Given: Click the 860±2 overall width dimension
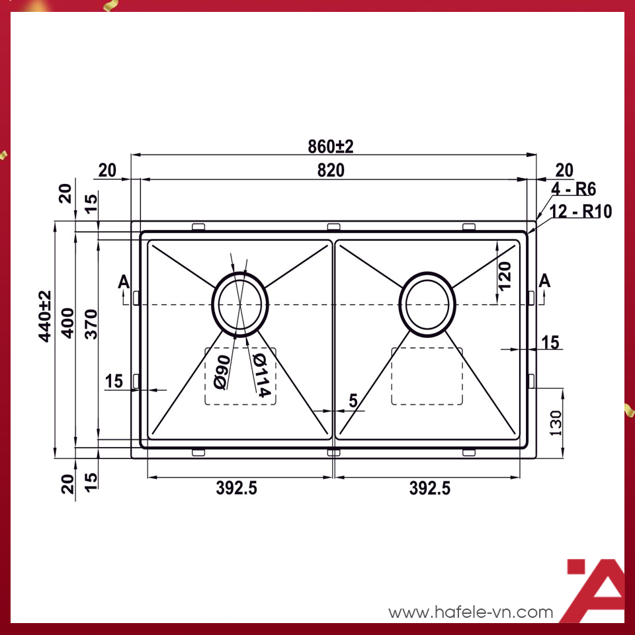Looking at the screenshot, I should [330, 146].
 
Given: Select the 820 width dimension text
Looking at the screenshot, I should [330, 170].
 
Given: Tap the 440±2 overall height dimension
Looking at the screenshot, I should [45, 316].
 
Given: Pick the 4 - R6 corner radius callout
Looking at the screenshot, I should [573, 189].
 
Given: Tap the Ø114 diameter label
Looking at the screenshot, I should [261, 375].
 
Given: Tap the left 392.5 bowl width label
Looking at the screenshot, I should [236, 488].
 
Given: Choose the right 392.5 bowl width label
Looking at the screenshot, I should [429, 488].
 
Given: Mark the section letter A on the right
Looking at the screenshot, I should [544, 281].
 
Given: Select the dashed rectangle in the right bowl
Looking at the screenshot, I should [427, 376].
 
